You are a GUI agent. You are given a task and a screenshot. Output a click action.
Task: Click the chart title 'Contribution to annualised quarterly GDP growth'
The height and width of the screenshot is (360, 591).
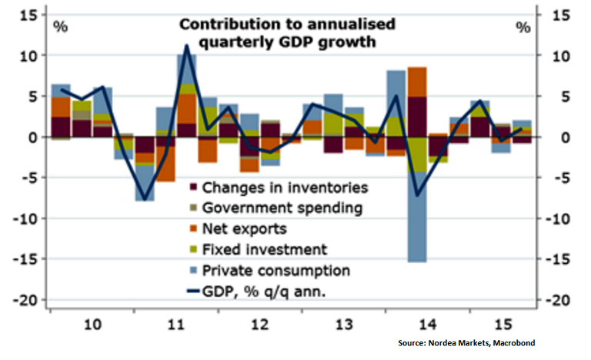click(287, 33)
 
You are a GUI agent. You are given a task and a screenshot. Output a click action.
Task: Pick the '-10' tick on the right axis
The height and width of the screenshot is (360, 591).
click(552, 218)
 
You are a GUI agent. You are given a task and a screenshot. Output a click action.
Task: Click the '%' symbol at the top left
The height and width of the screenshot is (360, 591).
click(60, 28)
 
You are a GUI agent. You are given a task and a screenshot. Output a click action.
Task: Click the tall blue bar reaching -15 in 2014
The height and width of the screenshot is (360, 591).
click(417, 223)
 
